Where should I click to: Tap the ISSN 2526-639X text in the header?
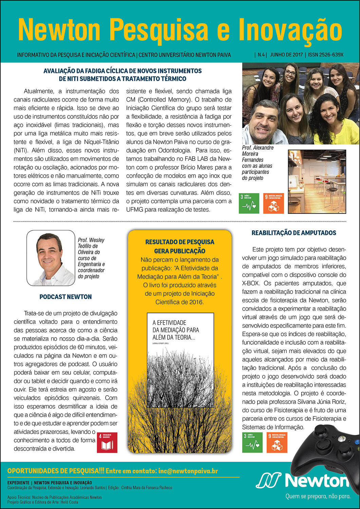[326, 55]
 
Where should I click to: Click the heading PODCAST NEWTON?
[65, 297]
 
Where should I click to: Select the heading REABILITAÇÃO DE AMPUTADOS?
[294, 233]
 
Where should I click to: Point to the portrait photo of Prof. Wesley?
[51, 258]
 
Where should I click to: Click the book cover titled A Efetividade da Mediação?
[180, 360]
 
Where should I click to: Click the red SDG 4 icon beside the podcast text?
[107, 442]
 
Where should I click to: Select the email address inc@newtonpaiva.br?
[188, 471]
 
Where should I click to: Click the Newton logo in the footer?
[302, 481]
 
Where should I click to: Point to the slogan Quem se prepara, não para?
[318, 496]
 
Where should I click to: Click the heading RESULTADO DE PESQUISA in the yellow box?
[180, 242]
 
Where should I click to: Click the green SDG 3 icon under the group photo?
[249, 203]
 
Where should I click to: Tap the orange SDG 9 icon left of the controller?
[277, 442]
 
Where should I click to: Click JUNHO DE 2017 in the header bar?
[286, 55]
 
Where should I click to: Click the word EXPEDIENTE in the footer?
[18, 483]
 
